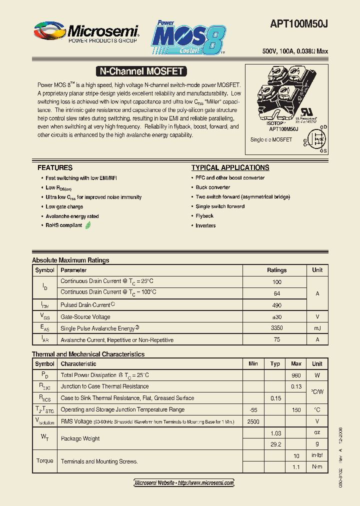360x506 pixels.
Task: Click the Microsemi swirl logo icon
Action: coord(48,31)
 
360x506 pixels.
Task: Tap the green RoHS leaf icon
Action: coord(88,225)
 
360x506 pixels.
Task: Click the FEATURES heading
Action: coord(55,167)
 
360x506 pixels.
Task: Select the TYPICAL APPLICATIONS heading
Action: coord(230,167)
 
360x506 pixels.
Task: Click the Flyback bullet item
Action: coord(204,216)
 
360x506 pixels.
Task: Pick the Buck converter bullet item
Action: coord(213,187)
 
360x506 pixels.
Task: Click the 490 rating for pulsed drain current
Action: coord(276,305)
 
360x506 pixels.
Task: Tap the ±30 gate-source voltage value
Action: coord(276,317)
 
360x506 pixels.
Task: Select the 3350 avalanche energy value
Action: coord(276,328)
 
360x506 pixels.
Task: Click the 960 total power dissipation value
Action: coord(296,375)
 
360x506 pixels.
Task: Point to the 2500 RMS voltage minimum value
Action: coord(253,421)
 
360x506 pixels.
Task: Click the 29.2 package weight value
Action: coord(275,444)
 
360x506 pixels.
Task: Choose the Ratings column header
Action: coord(276,270)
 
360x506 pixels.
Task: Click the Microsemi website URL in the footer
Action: coord(184,482)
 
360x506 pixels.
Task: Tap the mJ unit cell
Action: coord(317,328)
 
